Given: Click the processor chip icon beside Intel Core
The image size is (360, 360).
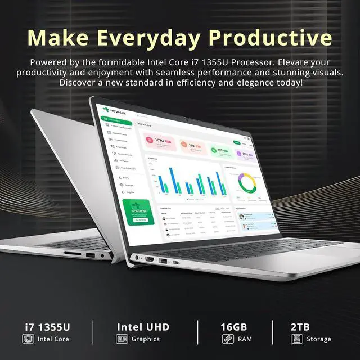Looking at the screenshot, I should click(x=28, y=339).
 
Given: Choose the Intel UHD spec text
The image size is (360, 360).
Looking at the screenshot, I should click(x=143, y=327).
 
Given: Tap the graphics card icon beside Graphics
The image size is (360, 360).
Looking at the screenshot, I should click(x=121, y=339).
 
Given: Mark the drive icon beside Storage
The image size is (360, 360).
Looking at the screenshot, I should click(x=296, y=339).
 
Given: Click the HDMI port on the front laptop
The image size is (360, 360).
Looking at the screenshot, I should click(x=150, y=259).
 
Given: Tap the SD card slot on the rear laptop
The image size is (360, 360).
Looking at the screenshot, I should click(x=71, y=254).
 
